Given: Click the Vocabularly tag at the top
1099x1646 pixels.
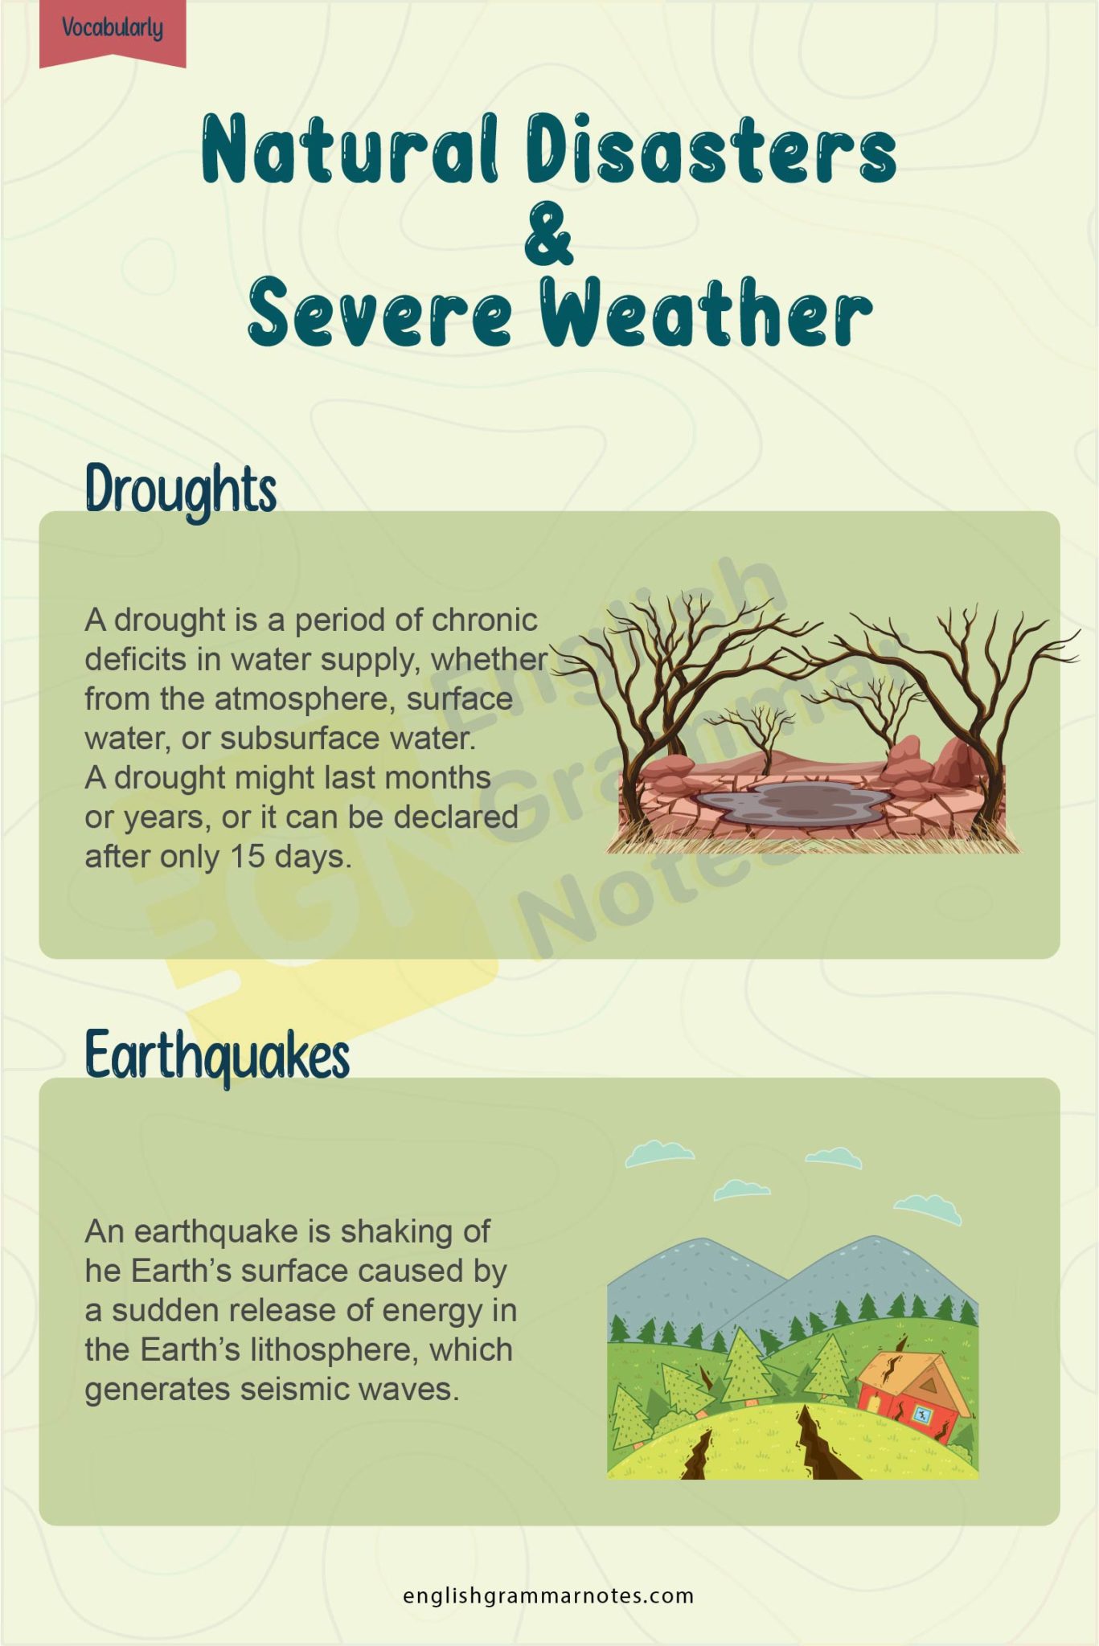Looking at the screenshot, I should tap(113, 29).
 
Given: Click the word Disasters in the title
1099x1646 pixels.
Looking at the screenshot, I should tap(711, 150).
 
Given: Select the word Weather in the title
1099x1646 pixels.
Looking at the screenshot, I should tap(705, 313).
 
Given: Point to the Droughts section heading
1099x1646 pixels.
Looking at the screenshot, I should tap(181, 489).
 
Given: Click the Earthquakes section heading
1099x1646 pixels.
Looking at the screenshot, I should tap(217, 1055).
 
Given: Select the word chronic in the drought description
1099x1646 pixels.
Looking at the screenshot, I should tap(485, 620).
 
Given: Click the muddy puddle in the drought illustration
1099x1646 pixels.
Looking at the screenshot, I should tap(792, 802).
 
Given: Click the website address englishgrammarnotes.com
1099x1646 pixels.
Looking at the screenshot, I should tap(548, 1595).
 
